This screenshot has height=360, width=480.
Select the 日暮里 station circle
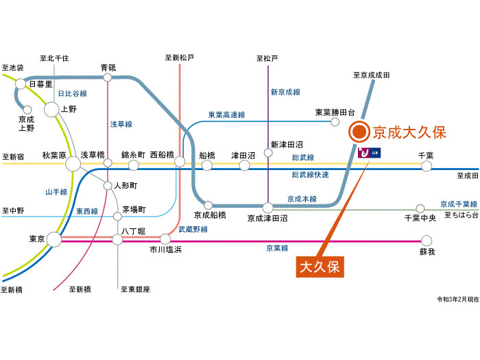pos(21,84)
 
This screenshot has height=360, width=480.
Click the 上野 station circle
pos(52,108)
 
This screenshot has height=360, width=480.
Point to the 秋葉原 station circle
pos(73,164)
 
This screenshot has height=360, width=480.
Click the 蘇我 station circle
pos(427,240)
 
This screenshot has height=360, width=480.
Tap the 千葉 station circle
pos(427,166)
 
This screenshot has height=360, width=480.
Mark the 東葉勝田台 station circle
pos(335,122)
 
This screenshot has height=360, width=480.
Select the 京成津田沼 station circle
pos(268,206)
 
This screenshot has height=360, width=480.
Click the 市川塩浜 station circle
pos(165,239)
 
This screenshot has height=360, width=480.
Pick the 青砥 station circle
pos(108,77)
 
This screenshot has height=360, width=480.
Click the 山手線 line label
pos(55,192)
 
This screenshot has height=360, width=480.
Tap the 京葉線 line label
pos(277,248)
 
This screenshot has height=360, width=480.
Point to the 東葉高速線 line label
pos(226,115)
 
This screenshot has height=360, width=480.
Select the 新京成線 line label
pos(285,91)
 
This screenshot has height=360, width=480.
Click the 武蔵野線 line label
pos(193,229)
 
